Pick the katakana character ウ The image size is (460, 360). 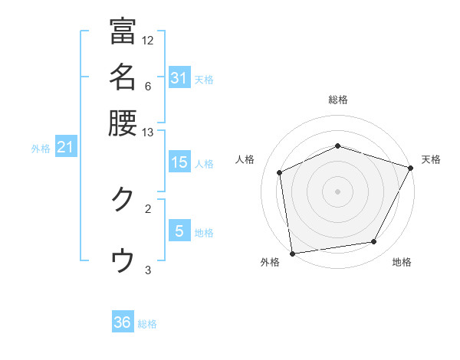pyautogui.click(x=123, y=261)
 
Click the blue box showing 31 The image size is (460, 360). pyautogui.click(x=179, y=78)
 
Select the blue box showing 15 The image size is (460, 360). pyautogui.click(x=179, y=162)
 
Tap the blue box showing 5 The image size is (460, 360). pyautogui.click(x=179, y=231)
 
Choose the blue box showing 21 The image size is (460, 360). pyautogui.click(x=65, y=147)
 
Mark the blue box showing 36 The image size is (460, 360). pyautogui.click(x=123, y=322)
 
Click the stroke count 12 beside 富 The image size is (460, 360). pyautogui.click(x=148, y=40)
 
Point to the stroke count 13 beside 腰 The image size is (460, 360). pyautogui.click(x=148, y=133)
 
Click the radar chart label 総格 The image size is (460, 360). pyautogui.click(x=338, y=100)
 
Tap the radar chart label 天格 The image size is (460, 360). pyautogui.click(x=431, y=159)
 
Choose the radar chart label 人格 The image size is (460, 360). pyautogui.click(x=245, y=159)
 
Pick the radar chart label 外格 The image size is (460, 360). pyautogui.click(x=270, y=262)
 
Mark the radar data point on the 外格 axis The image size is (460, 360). pyautogui.click(x=292, y=253)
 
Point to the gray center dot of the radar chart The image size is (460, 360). pyautogui.click(x=338, y=191)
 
